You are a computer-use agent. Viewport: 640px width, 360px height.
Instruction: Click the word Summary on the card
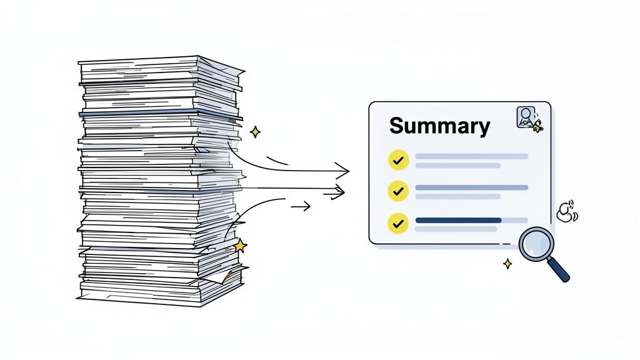tap(439, 126)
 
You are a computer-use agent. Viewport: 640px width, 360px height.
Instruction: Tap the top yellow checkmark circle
tap(397, 160)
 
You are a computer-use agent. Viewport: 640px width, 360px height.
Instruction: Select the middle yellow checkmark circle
tap(397, 191)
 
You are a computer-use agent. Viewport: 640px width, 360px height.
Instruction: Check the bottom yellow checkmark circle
tap(397, 223)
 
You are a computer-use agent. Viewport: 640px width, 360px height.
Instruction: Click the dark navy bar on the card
tap(458, 220)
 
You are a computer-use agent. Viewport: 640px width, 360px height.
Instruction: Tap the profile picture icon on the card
tap(526, 117)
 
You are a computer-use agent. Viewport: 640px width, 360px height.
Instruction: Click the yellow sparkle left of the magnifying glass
tap(507, 264)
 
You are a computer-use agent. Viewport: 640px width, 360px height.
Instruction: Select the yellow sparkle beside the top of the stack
tap(254, 132)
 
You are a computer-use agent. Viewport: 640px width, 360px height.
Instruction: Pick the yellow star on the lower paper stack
tap(239, 245)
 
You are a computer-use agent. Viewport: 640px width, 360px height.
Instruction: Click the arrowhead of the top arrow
tap(343, 169)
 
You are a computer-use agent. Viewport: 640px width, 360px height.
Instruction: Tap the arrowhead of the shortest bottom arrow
tap(306, 206)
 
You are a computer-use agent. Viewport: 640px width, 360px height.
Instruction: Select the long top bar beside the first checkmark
tap(471, 156)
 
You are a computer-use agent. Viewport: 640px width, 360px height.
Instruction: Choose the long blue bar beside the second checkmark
tap(471, 187)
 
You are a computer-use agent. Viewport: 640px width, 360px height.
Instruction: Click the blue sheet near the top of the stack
tap(160, 113)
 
